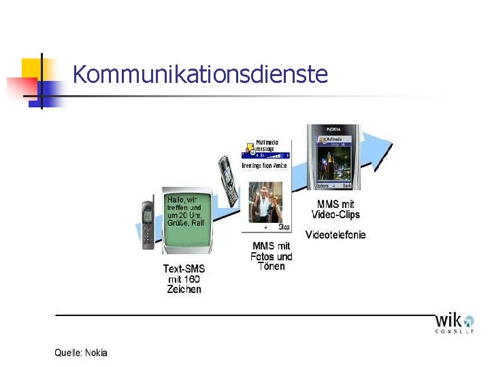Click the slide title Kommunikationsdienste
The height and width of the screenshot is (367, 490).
coord(200,74)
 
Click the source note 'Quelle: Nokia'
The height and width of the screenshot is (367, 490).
coord(81,353)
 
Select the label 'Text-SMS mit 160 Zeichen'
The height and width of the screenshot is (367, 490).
coord(184,279)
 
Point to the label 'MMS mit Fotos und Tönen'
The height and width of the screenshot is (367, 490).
coord(272,256)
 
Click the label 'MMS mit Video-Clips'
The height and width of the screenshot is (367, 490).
coord(336,209)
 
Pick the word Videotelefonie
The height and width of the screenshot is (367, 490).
coord(336,234)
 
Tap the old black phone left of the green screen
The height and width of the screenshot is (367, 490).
coord(148,224)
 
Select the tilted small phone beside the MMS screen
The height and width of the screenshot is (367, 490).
coord(227,180)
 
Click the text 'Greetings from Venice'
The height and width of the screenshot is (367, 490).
coord(265,165)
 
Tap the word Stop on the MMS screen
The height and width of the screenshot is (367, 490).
coord(284,227)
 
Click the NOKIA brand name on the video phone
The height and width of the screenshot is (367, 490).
coord(333,128)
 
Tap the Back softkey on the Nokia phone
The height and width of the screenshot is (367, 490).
coord(347,186)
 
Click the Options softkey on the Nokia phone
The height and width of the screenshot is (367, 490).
coord(322,186)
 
